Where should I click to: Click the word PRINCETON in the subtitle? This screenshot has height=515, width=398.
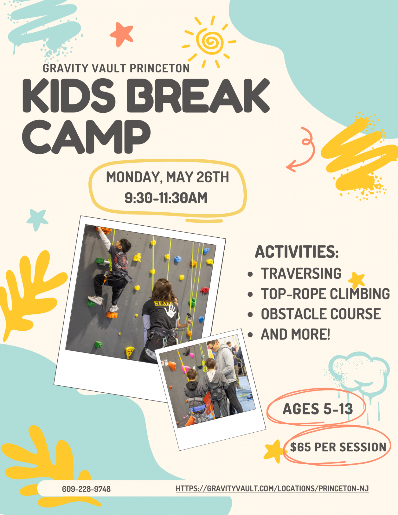pos(160,68)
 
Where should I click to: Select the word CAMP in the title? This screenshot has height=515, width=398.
pos(86,137)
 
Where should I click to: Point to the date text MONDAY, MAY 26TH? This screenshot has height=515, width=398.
pos(167,177)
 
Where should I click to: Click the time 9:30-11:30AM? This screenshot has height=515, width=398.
pos(166,198)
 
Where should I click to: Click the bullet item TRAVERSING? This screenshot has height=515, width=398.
pos(301,274)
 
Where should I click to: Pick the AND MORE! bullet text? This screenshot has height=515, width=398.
pos(295,334)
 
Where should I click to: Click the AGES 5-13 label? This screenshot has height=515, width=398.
pos(318,409)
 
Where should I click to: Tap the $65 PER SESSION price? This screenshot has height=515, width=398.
pos(338,447)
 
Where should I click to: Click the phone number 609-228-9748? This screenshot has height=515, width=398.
pos(86,489)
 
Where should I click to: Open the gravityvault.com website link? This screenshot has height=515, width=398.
pos(272,488)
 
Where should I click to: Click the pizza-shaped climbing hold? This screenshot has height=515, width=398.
pos(130,352)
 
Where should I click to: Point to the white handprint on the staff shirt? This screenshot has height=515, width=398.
pos(171,312)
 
